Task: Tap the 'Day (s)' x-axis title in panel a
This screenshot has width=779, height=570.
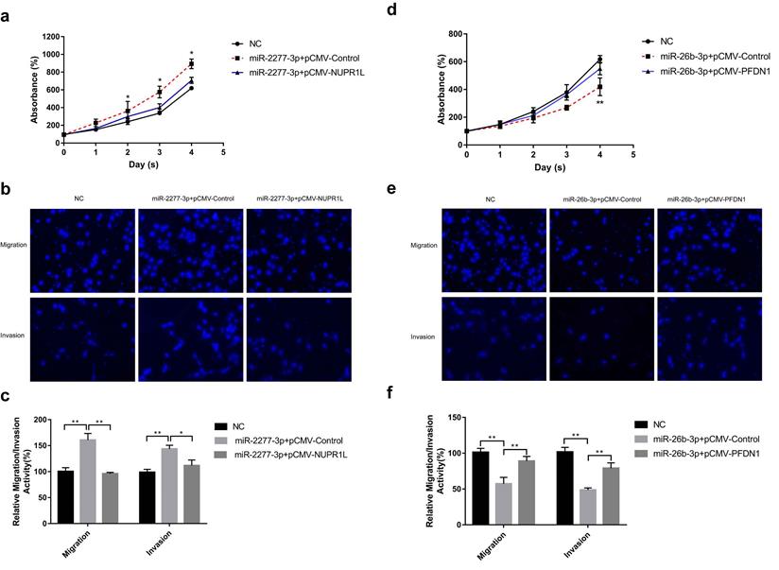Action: [x=142, y=164]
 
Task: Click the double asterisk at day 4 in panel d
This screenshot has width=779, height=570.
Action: [x=599, y=103]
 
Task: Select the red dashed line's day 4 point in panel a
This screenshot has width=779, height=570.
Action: [x=191, y=63]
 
